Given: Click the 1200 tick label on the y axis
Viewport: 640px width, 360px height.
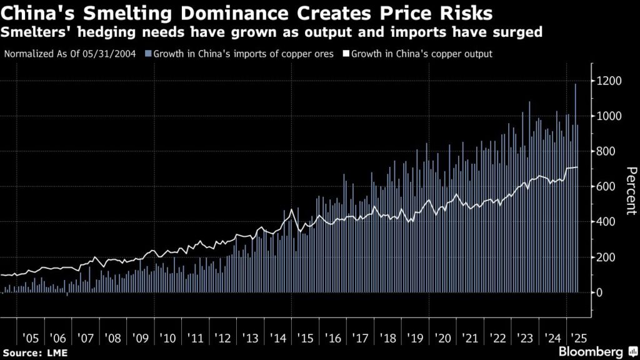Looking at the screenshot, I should [x=609, y=81].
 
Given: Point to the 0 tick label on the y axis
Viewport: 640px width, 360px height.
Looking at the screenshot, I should [x=599, y=292].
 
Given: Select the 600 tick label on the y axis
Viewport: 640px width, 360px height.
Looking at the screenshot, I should [x=606, y=187].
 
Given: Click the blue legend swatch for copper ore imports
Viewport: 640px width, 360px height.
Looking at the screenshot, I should [x=147, y=54].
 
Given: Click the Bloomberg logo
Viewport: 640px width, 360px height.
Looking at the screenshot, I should [x=597, y=352].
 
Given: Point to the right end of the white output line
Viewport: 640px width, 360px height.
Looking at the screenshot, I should [x=578, y=167].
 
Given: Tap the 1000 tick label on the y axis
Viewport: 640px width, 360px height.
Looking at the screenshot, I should [x=609, y=116].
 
